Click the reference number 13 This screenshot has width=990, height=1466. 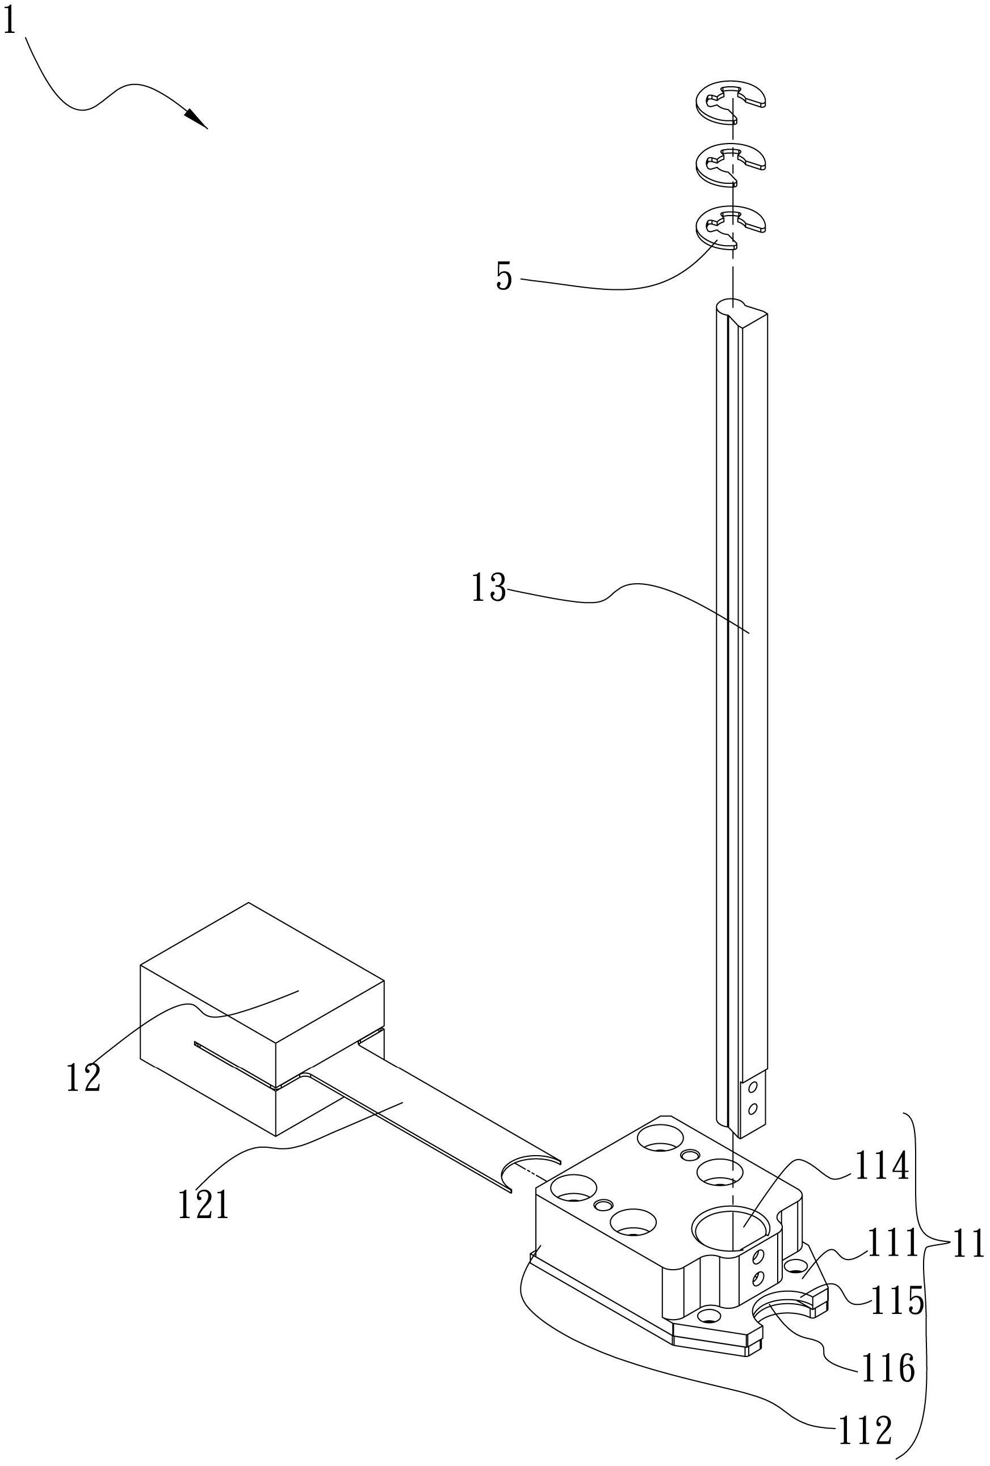[489, 588]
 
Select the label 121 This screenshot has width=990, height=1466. [203, 1206]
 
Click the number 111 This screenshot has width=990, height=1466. [890, 1244]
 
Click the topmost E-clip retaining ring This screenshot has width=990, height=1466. [730, 102]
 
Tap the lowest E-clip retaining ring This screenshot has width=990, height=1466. [730, 228]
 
